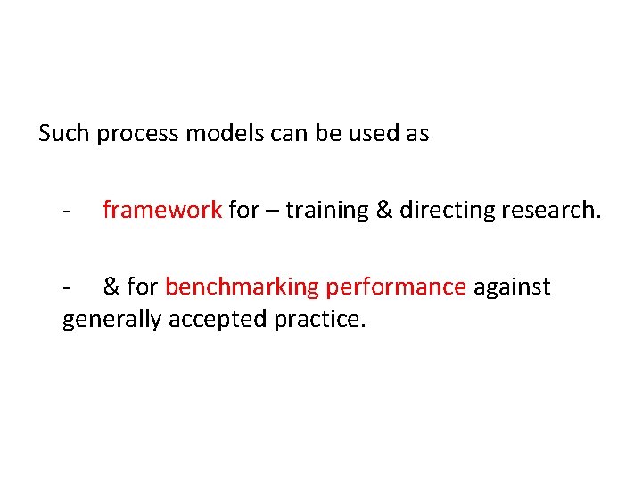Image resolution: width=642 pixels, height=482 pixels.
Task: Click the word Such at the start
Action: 65,134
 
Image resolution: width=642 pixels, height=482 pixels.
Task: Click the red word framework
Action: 162,210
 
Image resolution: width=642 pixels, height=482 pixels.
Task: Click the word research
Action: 552,210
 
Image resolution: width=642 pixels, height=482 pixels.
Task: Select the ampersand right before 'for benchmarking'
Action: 111,287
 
